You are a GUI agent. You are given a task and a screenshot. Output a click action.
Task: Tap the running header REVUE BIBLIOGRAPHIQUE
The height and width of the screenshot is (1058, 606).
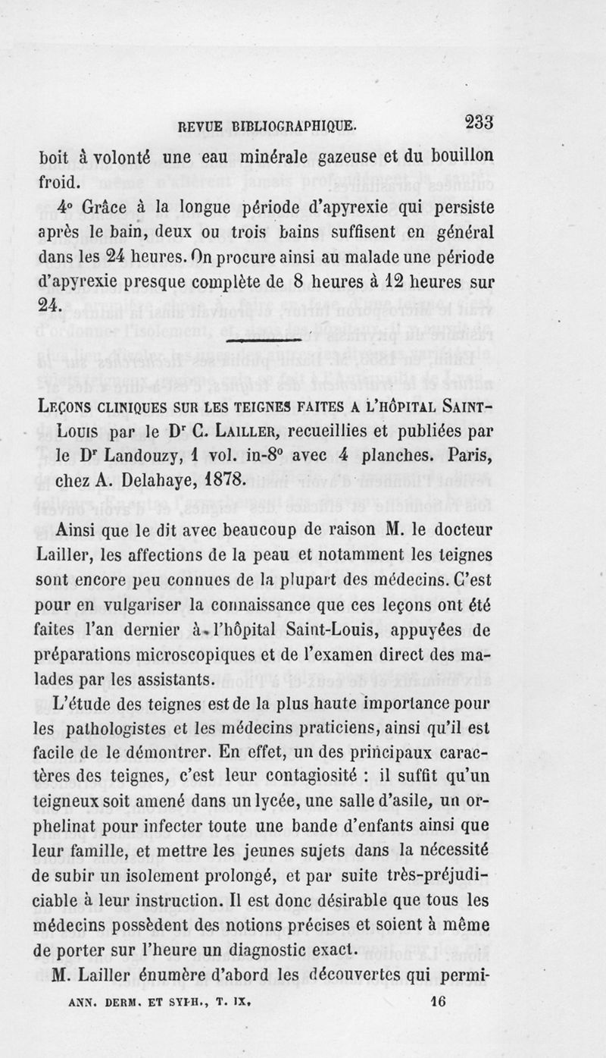(266, 125)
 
